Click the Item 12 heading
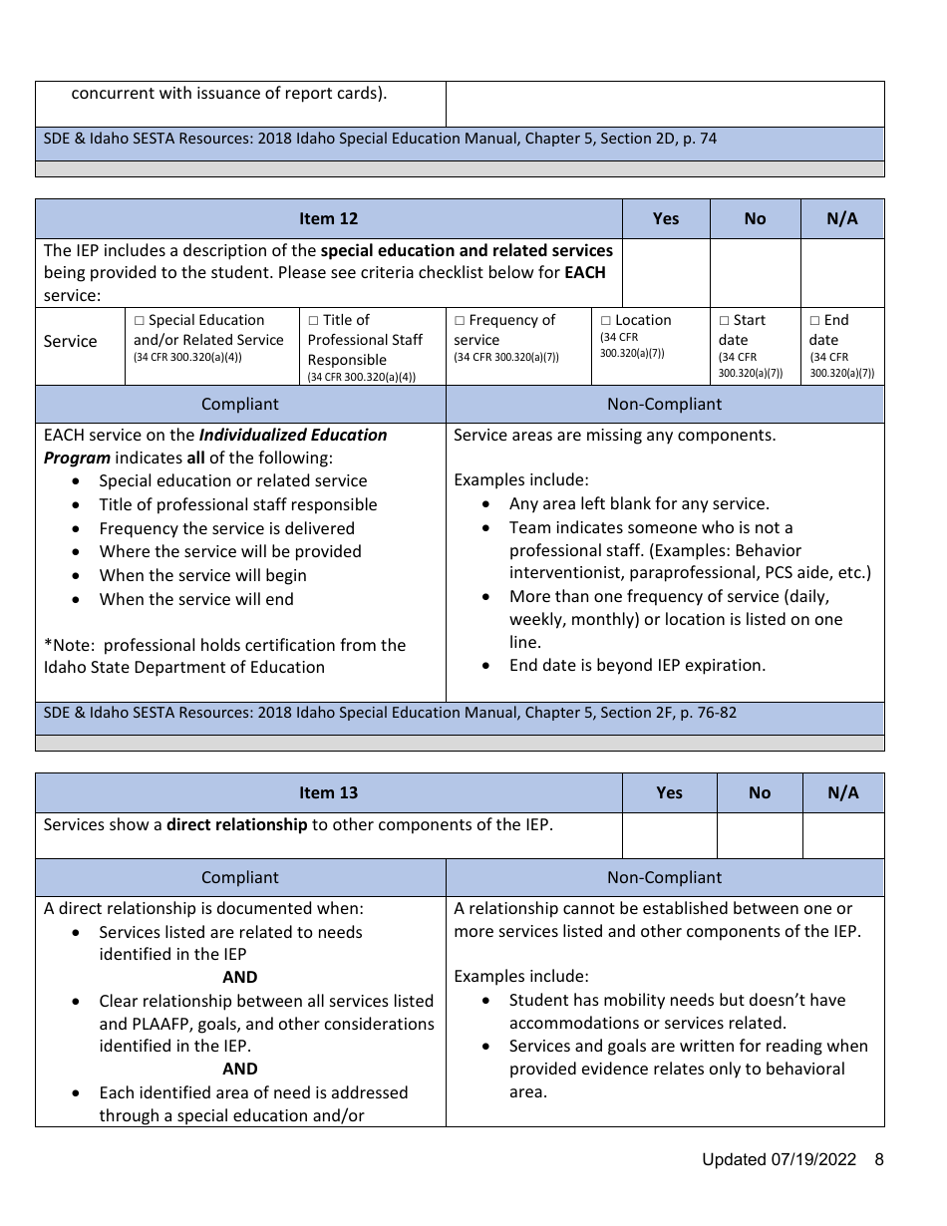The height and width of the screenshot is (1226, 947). coord(328,218)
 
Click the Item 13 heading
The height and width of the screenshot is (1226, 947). coord(328,792)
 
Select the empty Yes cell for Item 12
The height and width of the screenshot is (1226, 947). coord(665,272)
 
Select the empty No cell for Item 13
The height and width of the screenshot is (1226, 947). coord(759,835)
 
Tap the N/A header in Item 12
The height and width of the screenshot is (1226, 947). coord(841,218)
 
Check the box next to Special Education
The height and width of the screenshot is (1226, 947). coord(140,321)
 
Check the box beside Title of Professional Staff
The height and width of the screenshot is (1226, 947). coord(313,321)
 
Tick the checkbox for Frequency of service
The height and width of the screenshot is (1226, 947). coord(460,321)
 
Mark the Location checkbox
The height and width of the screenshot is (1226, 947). coord(605,321)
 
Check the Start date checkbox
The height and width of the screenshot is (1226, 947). coord(724,321)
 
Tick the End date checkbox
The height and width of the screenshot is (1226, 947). coord(814,321)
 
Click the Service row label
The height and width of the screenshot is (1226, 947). coord(70,341)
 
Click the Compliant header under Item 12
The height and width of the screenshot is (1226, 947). coord(239,404)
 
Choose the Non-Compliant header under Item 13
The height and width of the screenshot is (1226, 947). coord(664,877)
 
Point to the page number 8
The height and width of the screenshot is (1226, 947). coord(878,1159)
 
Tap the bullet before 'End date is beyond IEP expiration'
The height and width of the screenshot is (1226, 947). coord(486,666)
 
